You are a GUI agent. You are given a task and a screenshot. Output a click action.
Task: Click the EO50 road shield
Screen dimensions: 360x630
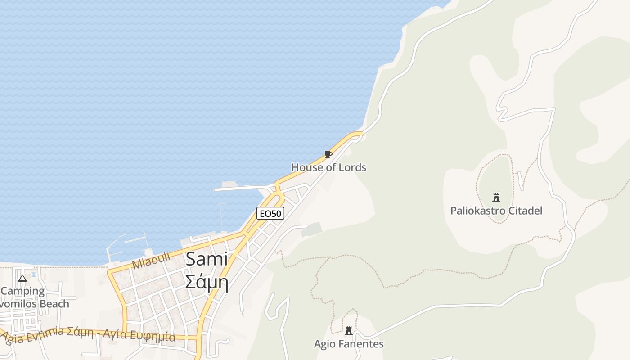pyautogui.click(x=270, y=213)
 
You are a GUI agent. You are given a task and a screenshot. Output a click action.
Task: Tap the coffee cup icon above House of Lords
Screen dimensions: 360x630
pyautogui.click(x=328, y=155)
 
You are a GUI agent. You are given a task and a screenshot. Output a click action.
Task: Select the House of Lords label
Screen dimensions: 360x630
pyautogui.click(x=328, y=167)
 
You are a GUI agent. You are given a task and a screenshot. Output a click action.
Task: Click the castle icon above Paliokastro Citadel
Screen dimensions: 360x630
pyautogui.click(x=496, y=197)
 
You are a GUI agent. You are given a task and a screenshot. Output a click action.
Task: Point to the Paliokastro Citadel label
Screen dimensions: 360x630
pyautogui.click(x=496, y=211)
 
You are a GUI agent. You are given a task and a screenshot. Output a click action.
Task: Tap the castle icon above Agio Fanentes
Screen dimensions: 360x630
pyautogui.click(x=349, y=331)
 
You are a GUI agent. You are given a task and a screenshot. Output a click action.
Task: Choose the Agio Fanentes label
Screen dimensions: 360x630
pyautogui.click(x=349, y=344)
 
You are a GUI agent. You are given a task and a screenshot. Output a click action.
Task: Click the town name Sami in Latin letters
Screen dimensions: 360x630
pyautogui.click(x=207, y=259)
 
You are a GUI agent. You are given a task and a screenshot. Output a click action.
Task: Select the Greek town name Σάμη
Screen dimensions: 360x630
pyautogui.click(x=207, y=283)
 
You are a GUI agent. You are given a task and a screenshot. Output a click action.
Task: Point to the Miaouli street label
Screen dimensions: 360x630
pyautogui.click(x=151, y=261)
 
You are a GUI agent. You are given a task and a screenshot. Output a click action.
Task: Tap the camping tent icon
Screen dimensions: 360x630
pyautogui.click(x=22, y=278)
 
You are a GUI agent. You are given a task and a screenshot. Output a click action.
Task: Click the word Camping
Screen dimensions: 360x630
pyautogui.click(x=22, y=291)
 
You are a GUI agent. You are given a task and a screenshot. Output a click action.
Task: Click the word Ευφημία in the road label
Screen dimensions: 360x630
pyautogui.click(x=153, y=335)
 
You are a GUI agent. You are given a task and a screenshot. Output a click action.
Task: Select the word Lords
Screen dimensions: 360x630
pyautogui.click(x=352, y=167)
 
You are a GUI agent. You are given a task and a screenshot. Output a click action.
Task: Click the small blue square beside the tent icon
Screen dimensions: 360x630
pyautogui.click(x=33, y=274)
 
